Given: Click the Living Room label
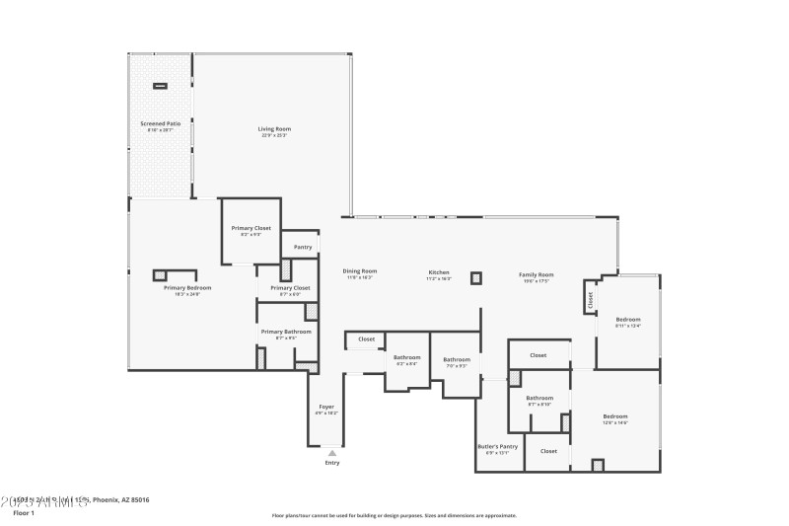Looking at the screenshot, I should point(274,129).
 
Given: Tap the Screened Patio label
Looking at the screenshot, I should point(160,124).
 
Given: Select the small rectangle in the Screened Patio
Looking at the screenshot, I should point(160,86).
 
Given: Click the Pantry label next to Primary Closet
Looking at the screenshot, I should point(302,247).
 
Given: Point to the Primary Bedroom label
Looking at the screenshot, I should point(187,287).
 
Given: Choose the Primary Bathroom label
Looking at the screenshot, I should point(286,332).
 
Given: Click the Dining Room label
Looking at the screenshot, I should point(360,271).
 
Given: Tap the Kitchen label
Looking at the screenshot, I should point(439,272).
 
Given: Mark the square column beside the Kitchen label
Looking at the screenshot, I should point(475,278).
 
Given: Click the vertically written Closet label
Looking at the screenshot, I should point(591,299).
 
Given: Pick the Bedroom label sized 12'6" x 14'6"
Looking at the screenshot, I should point(614,416).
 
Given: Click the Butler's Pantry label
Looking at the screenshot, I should point(497,446).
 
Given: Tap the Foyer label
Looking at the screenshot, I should point(325,407).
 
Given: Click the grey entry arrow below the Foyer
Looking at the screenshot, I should point(331,453).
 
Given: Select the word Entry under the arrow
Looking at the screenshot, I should point(331,463).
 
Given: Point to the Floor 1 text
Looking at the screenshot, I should point(24,513).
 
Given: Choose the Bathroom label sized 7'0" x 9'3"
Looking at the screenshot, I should point(457,359).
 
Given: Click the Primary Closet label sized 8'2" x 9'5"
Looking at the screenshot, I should point(251,228).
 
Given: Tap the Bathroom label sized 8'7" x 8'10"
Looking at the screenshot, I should point(539,398).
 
